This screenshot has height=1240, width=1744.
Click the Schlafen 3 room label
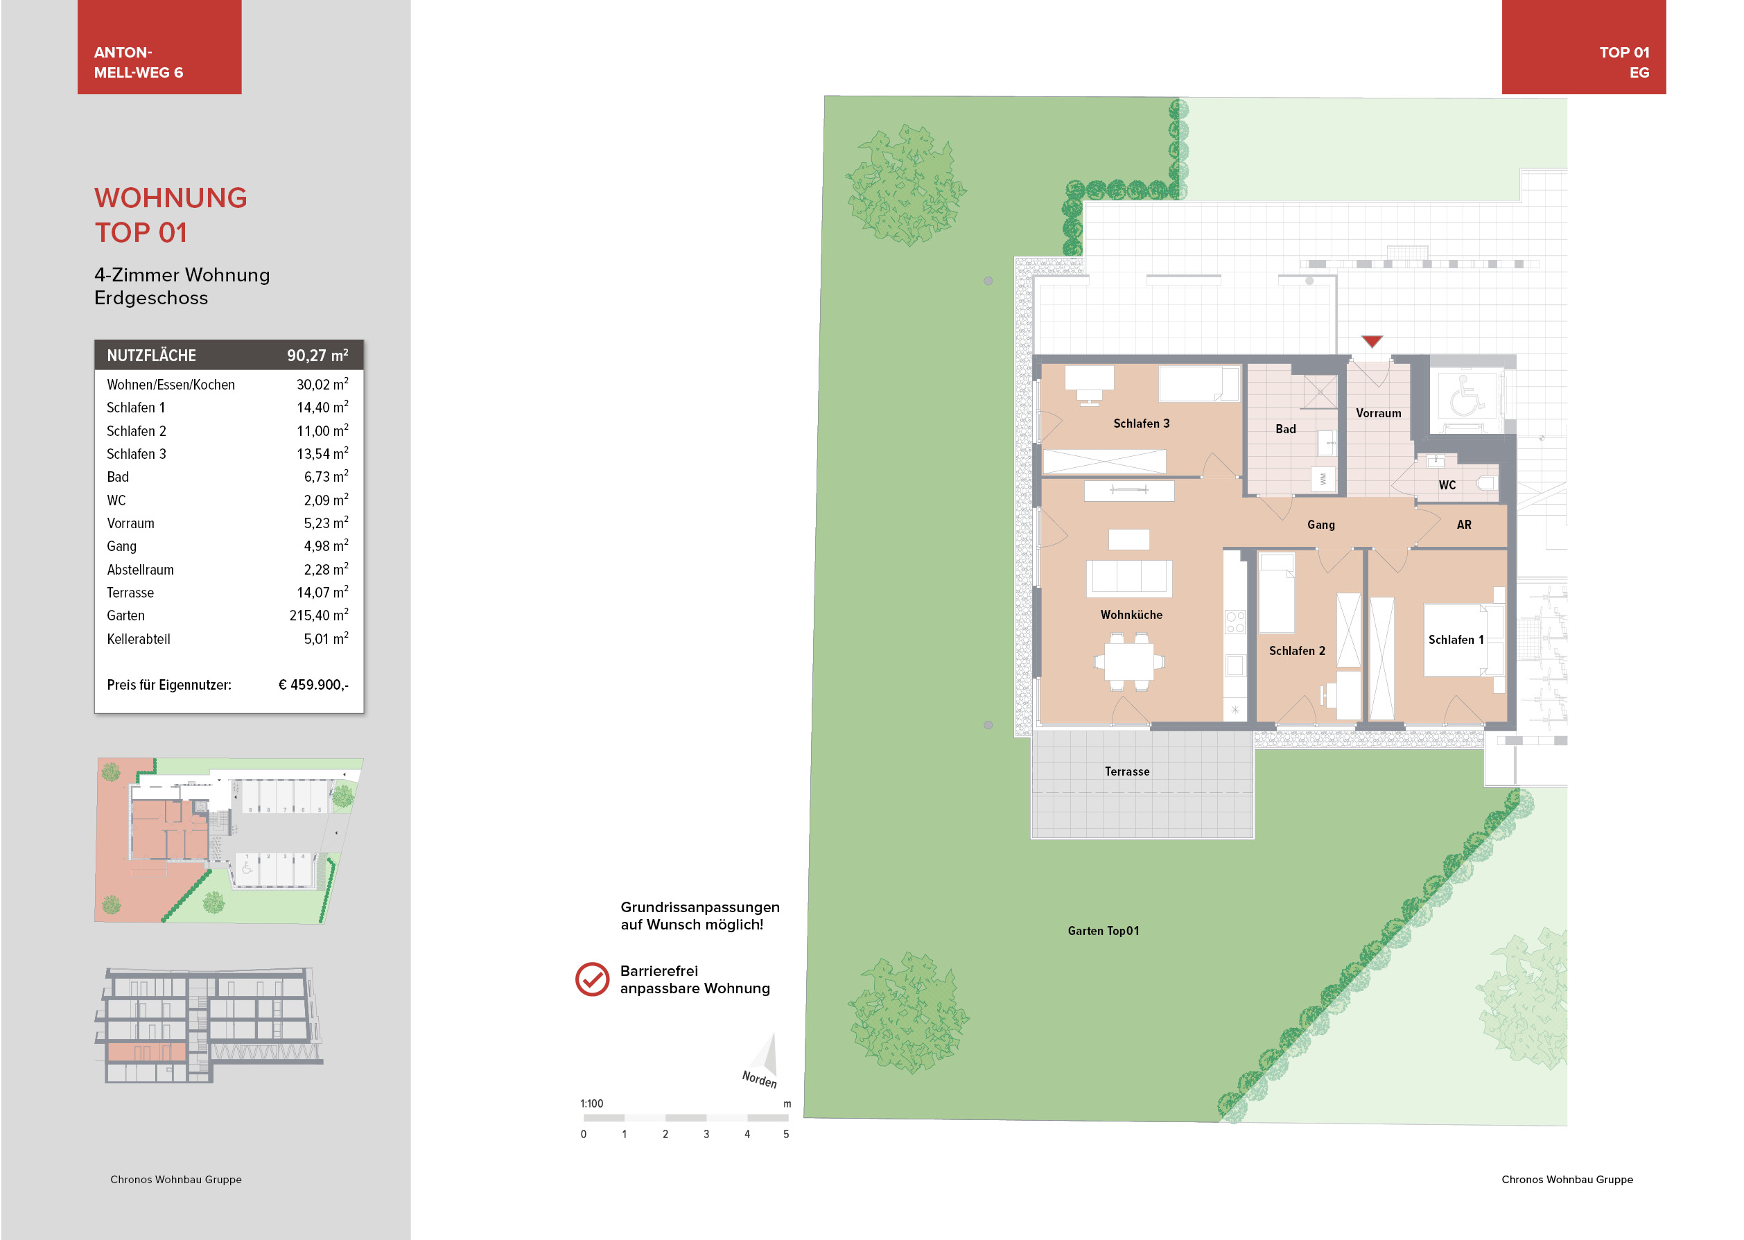click(x=1141, y=423)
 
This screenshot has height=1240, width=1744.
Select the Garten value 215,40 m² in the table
click(x=318, y=615)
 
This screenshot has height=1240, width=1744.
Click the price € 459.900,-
click(x=313, y=685)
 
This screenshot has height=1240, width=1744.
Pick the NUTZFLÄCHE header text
click(x=151, y=356)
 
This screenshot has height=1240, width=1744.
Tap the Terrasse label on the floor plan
click(x=1126, y=771)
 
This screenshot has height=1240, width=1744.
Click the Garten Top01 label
click(x=1103, y=931)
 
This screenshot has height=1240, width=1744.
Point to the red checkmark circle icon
click(x=592, y=979)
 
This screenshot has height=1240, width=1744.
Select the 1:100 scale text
click(x=591, y=1103)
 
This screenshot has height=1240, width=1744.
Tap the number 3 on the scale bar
click(x=706, y=1134)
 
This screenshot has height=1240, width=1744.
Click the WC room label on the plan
click(x=1447, y=485)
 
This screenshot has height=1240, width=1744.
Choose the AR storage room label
click(x=1463, y=525)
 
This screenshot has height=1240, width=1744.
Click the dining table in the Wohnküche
click(x=1129, y=662)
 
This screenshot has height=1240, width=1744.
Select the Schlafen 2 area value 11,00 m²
click(x=322, y=430)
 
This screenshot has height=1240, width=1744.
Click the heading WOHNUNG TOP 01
click(x=171, y=216)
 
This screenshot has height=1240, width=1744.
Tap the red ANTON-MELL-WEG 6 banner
click(x=159, y=46)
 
